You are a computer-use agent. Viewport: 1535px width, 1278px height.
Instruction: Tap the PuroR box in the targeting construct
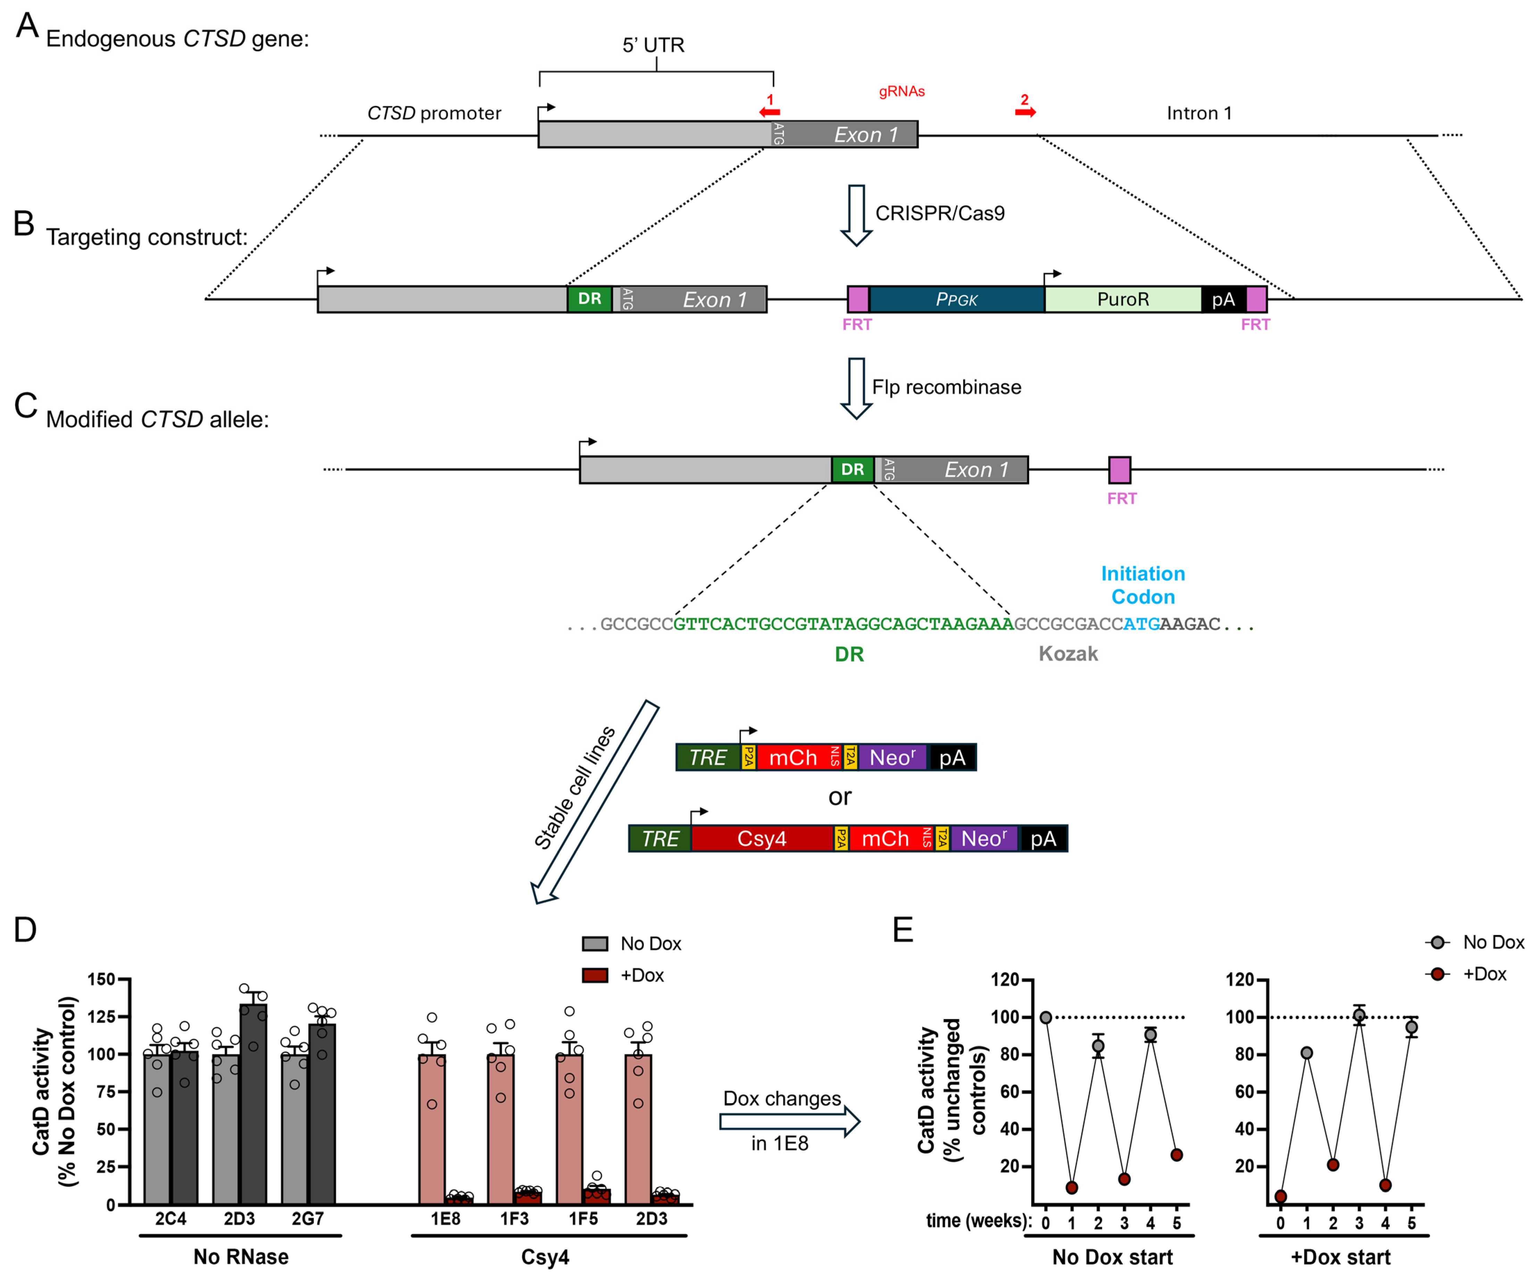tap(1123, 299)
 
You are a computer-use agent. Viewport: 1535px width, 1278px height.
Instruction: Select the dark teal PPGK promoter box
tap(957, 299)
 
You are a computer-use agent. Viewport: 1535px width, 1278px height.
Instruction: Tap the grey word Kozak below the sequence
tap(1068, 654)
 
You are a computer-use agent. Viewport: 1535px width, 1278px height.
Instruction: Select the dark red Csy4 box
tap(762, 838)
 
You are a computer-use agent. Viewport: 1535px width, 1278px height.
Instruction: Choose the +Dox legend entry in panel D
tap(624, 975)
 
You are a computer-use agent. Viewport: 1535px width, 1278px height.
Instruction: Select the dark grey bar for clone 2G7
tap(322, 1113)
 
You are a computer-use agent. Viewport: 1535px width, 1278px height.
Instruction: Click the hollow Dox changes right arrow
tap(790, 1122)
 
